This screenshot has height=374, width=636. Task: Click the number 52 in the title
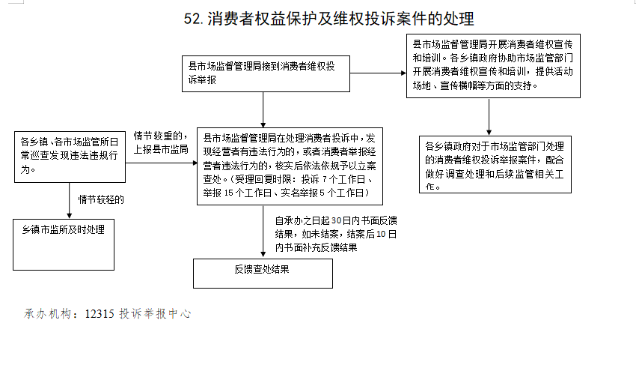click(192, 19)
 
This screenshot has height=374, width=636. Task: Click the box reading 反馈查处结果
click(263, 274)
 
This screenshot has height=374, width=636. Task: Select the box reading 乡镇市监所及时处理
click(64, 244)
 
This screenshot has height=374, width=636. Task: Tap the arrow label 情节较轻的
click(101, 199)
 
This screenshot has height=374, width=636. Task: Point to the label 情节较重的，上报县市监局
click(161, 142)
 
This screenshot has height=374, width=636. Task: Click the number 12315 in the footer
click(100, 314)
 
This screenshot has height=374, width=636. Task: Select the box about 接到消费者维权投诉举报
click(266, 73)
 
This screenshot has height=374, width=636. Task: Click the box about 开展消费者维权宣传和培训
click(493, 66)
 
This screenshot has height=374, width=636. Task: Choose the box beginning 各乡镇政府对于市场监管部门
click(495, 164)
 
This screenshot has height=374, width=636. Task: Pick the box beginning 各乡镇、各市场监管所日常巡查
click(70, 157)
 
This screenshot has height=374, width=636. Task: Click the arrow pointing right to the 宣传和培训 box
click(378, 73)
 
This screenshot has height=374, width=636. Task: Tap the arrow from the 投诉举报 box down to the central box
click(263, 110)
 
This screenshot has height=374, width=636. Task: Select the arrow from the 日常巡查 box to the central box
click(162, 163)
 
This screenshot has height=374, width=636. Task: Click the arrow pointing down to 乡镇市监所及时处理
click(70, 201)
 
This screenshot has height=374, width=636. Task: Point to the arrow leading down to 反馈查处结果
click(263, 231)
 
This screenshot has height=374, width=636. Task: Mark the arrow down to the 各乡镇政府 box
click(489, 117)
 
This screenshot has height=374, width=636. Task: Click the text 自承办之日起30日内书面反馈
click(336, 221)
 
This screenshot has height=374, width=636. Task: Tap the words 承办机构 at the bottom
click(48, 314)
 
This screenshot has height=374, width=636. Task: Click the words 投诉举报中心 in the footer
click(155, 314)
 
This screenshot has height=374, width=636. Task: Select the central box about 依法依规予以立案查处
click(290, 166)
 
